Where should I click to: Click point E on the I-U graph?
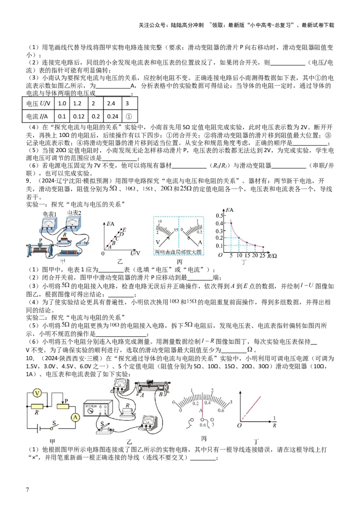[x=124, y=230]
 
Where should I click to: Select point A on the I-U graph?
[x=109, y=247]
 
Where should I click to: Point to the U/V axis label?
[x=135, y=253]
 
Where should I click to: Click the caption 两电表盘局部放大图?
[x=179, y=252]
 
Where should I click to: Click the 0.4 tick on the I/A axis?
[x=219, y=223]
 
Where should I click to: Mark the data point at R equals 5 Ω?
[x=231, y=223]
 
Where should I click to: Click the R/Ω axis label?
[x=272, y=256]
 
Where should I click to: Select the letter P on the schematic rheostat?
[x=67, y=401]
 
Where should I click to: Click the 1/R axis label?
[x=274, y=422]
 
